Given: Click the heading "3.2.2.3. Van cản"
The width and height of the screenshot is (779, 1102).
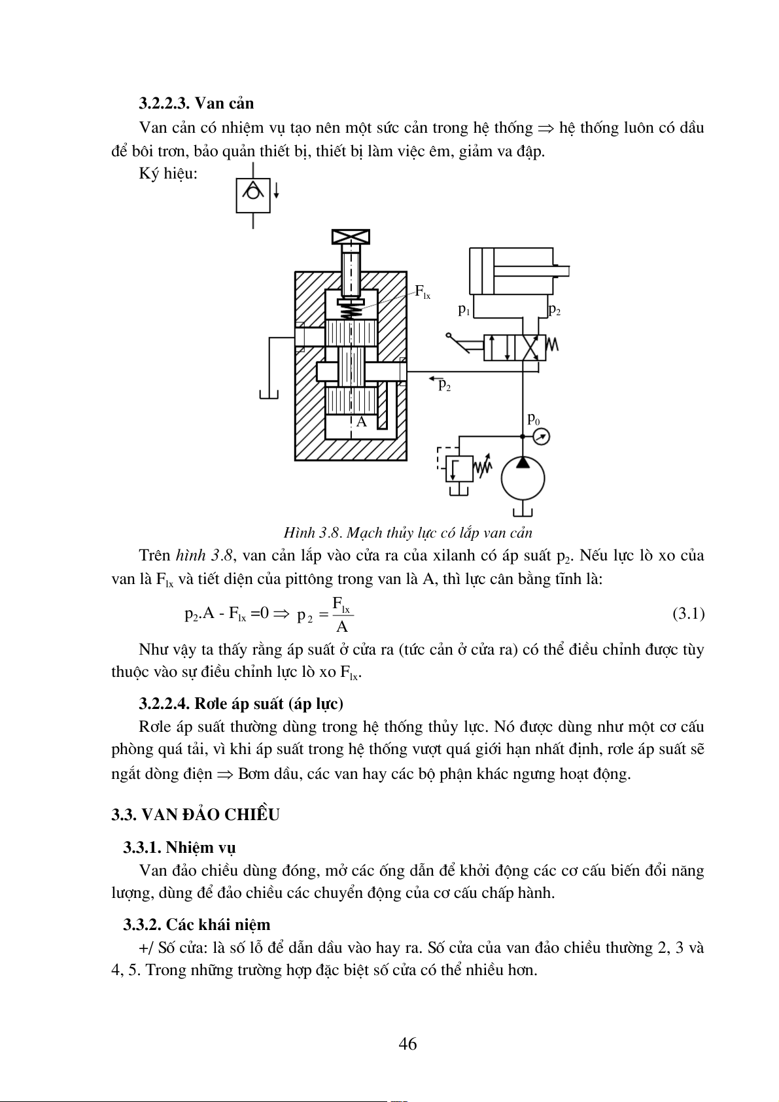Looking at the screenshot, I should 196,103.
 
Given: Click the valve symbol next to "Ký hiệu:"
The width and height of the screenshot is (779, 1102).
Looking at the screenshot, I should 253,194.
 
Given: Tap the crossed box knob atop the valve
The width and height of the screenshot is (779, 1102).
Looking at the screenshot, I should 351,237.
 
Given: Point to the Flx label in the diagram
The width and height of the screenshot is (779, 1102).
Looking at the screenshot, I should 423,292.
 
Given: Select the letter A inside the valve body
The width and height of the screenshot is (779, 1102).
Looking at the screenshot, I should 361,422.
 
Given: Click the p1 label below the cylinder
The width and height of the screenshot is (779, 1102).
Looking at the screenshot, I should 464,309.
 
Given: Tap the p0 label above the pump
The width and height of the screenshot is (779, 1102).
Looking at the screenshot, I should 533,419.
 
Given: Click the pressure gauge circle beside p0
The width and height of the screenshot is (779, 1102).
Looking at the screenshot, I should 541,436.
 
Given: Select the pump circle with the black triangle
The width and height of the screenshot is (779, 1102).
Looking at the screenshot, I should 523,477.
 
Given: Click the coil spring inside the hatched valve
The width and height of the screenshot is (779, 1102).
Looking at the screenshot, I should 351,308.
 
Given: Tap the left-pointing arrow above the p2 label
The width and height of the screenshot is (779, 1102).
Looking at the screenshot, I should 434,378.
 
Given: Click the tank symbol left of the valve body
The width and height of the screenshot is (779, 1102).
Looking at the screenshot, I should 269,394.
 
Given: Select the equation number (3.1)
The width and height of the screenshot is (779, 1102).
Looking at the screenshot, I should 688,613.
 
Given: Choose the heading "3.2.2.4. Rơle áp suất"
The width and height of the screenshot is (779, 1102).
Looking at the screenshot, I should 241,704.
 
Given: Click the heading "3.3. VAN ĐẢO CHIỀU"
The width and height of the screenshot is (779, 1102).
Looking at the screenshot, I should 196,815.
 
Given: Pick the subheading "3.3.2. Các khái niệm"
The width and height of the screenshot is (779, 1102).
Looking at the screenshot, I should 196,925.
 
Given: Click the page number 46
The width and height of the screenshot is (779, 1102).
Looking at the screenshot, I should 407,1044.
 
